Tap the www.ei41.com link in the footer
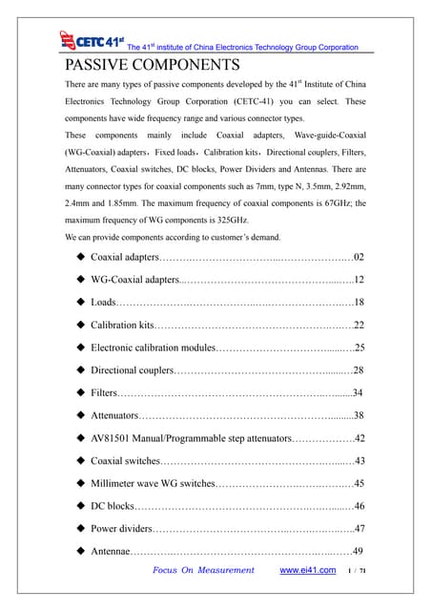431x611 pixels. click(307, 570)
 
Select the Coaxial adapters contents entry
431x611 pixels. click(124, 258)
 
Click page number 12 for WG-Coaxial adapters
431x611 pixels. click(359, 281)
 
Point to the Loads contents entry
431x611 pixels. click(103, 303)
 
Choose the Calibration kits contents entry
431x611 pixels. click(122, 326)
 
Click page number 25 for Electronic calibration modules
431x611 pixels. click(359, 348)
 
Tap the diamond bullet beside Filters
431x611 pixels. click(80, 393)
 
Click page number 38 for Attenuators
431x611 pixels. click(359, 415)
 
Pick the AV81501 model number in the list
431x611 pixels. click(113, 438)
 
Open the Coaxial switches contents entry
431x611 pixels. click(132, 461)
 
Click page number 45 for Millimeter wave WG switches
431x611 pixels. click(359, 483)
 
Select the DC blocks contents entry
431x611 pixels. click(113, 506)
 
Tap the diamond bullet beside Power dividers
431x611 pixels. click(80, 528)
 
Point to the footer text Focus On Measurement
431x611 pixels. click(203, 570)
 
